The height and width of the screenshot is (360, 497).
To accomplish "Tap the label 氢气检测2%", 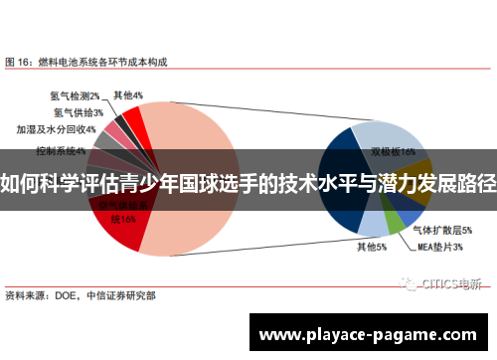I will [75, 96].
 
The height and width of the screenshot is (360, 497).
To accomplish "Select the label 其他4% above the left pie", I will [128, 95].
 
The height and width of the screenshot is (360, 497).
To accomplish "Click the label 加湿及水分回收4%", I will [56, 129].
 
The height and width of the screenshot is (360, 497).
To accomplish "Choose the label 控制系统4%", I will [61, 151].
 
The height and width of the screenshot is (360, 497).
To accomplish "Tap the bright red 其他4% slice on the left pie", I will [133, 125].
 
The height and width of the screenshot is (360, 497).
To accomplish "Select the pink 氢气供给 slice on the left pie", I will [115, 131].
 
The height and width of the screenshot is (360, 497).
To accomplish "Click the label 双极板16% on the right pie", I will [393, 152].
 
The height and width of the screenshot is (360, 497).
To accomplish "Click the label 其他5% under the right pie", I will [371, 248].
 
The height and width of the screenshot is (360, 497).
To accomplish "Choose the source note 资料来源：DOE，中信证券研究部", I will [80, 295].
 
